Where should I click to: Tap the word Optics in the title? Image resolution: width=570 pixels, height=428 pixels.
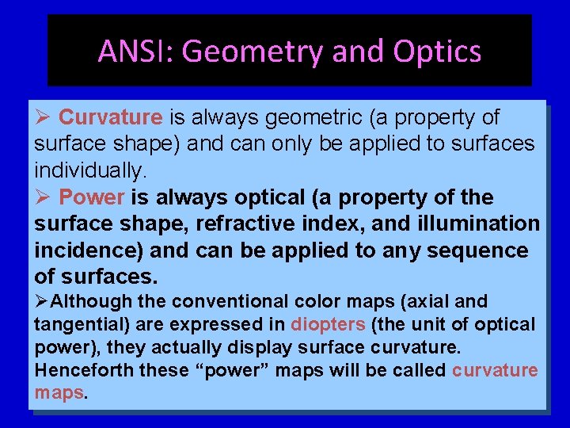tap(437, 52)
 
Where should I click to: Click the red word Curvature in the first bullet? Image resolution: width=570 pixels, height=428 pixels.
tap(110, 118)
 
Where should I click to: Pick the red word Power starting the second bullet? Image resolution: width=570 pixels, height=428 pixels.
tap(92, 197)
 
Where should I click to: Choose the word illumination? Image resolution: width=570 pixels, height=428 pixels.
tap(478, 224)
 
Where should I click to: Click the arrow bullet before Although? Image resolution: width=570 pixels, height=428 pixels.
tap(41, 302)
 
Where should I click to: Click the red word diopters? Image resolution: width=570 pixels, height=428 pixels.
tap(328, 325)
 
